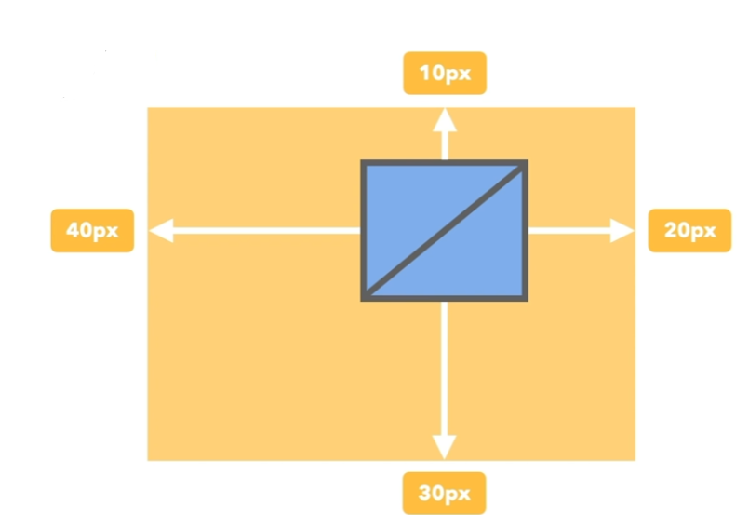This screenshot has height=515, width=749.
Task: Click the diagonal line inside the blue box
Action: pos(445,231)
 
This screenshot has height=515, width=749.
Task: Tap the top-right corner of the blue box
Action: pos(526,163)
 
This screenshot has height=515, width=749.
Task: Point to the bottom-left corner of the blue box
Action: pos(364,298)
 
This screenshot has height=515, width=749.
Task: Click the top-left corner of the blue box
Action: pos(364,163)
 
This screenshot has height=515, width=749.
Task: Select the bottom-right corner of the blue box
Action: pos(526,298)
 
